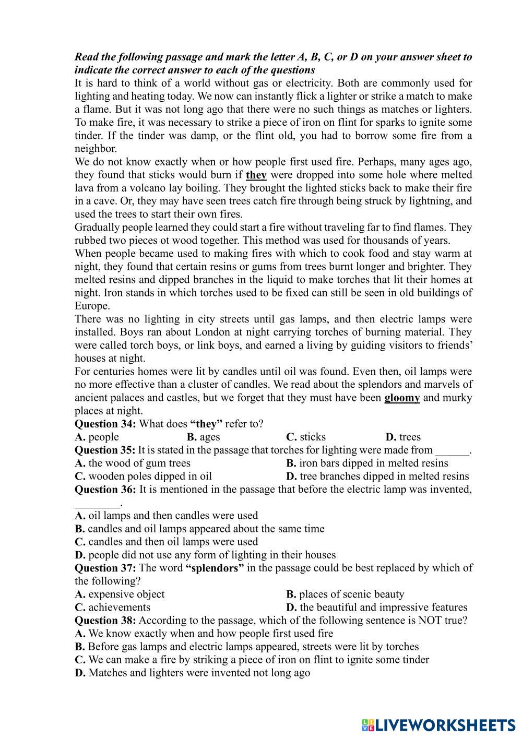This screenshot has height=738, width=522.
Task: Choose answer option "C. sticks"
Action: (x=306, y=437)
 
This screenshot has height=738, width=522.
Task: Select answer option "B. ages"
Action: (x=203, y=437)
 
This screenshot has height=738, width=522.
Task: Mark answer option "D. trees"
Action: (x=403, y=437)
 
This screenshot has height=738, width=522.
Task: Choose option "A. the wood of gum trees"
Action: (x=133, y=463)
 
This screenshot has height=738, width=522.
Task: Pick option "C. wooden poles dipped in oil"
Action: (x=144, y=476)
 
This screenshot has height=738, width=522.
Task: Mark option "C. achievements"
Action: (x=113, y=607)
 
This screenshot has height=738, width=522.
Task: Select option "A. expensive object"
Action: (x=120, y=594)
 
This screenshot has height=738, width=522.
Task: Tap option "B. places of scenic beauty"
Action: (x=345, y=594)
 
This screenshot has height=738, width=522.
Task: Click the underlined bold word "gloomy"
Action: (x=402, y=398)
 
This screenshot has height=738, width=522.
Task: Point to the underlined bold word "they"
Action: (x=256, y=175)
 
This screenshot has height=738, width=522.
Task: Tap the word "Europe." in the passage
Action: (x=92, y=306)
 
